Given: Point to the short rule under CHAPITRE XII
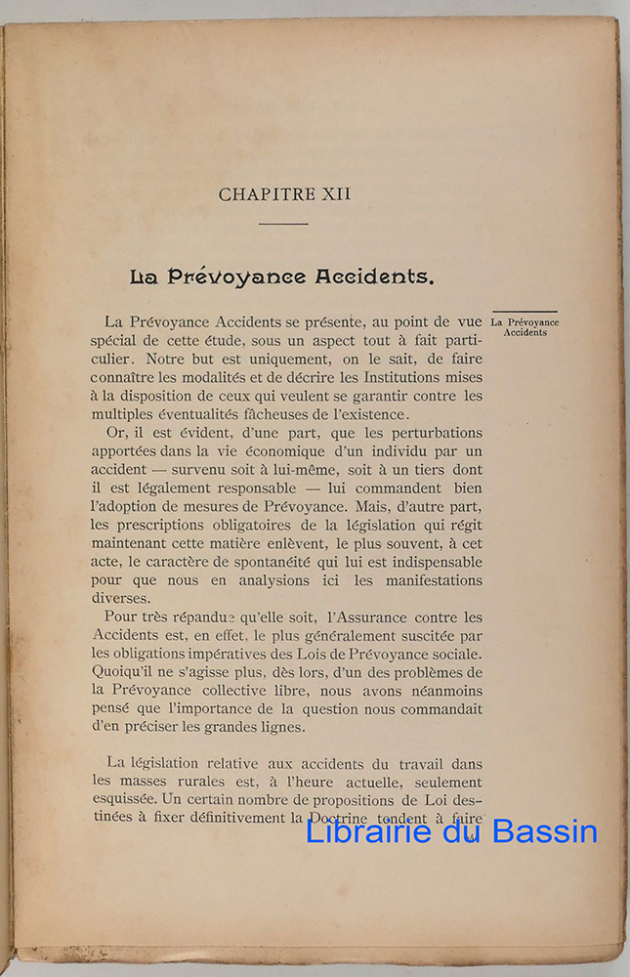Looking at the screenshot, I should click(x=283, y=224).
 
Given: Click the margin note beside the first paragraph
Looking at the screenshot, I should click(x=525, y=327).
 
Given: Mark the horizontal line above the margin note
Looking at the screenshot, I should click(x=525, y=312).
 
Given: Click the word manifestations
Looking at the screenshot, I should click(x=425, y=582).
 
